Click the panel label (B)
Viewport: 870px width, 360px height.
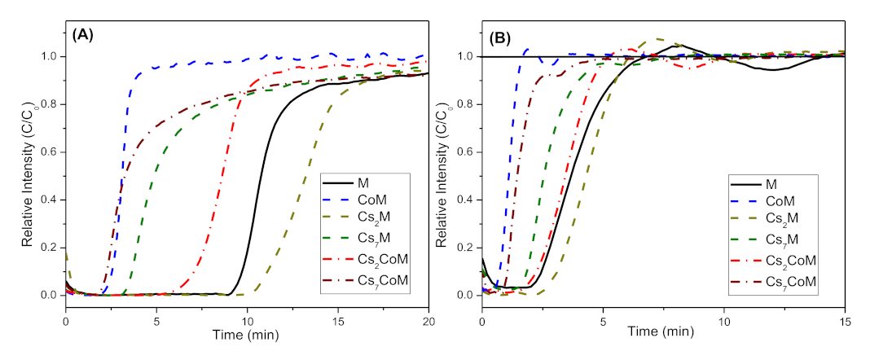pos(500,37)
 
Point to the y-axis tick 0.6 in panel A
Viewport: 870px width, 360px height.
pos(50,151)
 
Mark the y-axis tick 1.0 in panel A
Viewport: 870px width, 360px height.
pos(50,56)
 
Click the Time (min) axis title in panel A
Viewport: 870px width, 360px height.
pos(247,333)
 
